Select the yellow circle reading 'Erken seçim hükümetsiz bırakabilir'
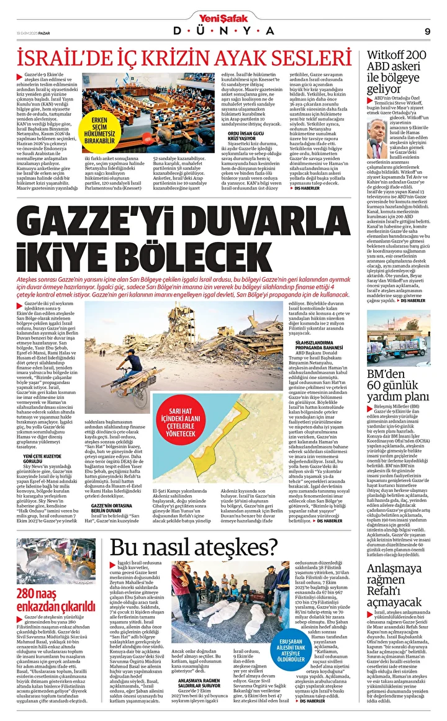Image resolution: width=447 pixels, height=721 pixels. (100, 130)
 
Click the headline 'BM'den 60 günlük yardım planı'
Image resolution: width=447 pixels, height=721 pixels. (397, 385)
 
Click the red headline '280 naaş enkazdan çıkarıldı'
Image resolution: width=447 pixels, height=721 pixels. (53, 604)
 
